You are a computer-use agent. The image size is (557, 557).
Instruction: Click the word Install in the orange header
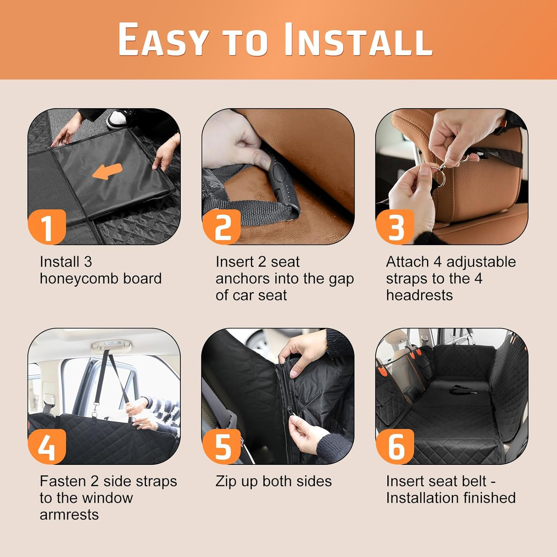coord(359,39)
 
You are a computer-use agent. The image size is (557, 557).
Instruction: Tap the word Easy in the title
coord(163,39)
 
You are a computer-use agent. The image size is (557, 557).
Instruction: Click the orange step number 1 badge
coord(47,227)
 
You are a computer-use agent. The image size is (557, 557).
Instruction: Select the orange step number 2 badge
coord(222,227)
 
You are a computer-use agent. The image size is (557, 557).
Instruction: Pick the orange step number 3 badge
coord(395,227)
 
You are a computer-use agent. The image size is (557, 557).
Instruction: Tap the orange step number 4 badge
coord(47,446)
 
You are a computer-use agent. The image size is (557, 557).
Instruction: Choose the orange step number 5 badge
coord(222,446)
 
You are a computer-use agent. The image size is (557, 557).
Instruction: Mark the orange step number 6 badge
coord(395,446)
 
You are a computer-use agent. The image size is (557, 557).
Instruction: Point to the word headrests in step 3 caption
coord(419,296)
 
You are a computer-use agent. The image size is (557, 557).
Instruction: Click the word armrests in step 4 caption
coord(69,515)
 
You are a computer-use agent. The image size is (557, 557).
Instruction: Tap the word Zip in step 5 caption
coord(226,482)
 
